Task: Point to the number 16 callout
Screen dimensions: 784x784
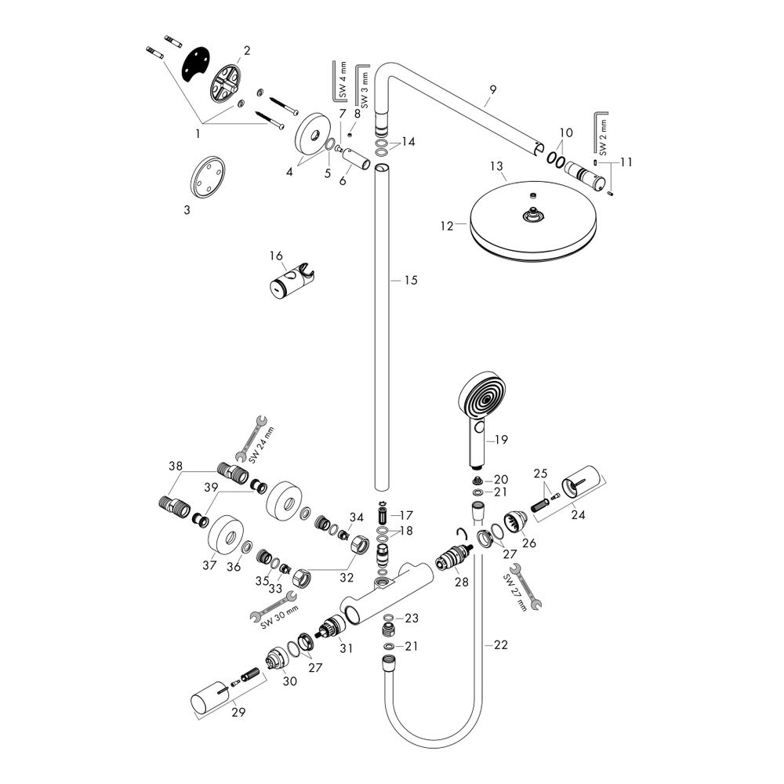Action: click(275, 256)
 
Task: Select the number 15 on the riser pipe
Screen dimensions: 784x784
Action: click(411, 280)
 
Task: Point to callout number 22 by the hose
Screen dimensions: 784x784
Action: click(501, 645)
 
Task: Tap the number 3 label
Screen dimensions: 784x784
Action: click(186, 210)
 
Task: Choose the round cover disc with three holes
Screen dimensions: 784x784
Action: click(209, 176)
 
